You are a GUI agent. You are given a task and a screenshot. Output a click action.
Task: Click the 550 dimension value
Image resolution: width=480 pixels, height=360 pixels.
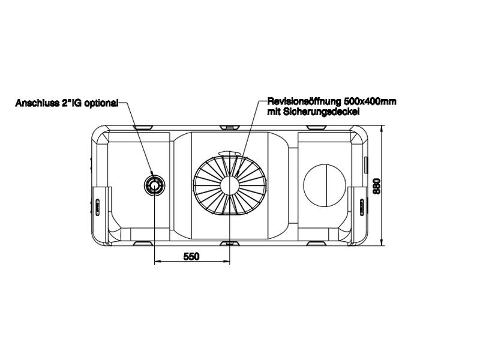(x=190, y=256)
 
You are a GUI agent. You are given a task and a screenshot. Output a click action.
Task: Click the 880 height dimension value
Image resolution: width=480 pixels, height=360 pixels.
(x=377, y=187)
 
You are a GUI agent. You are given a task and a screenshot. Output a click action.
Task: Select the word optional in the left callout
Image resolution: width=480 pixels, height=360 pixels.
(x=101, y=103)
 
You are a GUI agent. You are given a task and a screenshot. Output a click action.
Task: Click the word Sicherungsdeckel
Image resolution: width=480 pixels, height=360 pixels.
(x=326, y=112)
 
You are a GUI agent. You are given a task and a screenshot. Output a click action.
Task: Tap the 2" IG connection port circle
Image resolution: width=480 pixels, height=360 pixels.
(x=155, y=186)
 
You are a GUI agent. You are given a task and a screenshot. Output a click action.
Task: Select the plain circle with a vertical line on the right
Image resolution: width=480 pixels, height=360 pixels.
(x=325, y=185)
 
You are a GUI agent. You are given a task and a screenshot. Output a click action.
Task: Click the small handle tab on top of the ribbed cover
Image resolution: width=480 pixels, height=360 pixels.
(x=230, y=154)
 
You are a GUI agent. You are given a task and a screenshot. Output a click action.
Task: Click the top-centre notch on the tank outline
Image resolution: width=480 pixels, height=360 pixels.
(x=230, y=128)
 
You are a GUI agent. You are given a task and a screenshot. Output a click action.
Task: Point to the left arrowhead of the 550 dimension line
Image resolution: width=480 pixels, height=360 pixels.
(x=158, y=262)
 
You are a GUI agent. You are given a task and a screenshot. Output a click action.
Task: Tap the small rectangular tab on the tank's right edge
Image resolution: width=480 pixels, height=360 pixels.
(x=365, y=163)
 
